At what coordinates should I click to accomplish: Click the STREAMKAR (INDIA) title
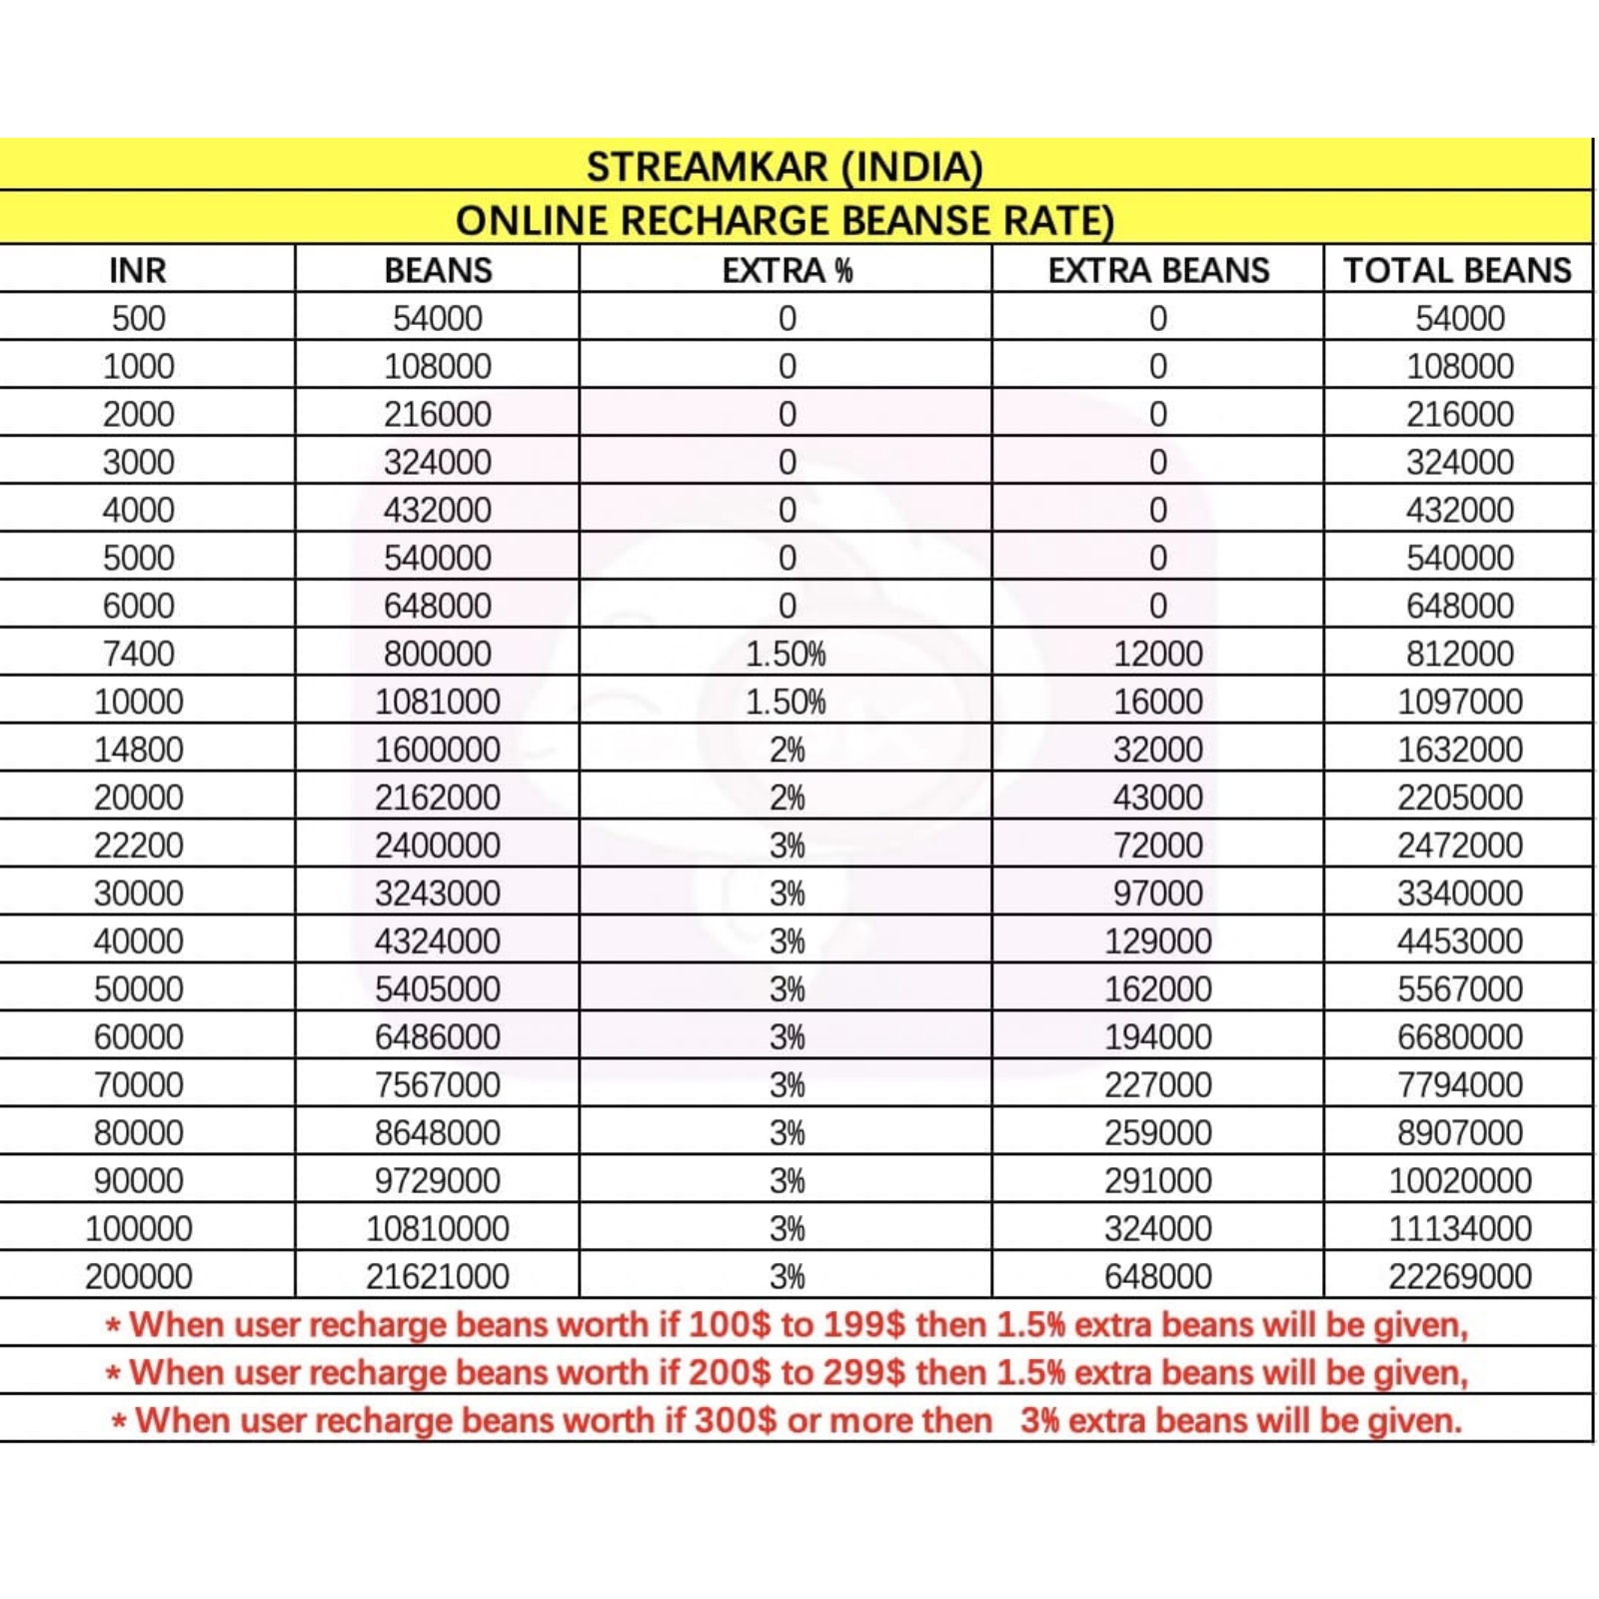(785, 167)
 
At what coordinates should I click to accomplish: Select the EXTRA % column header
(787, 270)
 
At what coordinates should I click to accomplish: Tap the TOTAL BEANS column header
(1457, 270)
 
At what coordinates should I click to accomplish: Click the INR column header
(138, 270)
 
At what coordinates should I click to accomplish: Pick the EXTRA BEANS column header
(1158, 270)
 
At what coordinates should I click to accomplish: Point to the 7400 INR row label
(138, 654)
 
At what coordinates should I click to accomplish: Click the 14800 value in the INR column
(138, 750)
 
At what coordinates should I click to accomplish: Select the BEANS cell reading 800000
(437, 654)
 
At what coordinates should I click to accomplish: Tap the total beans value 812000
(1459, 654)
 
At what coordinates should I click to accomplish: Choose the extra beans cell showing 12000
(1158, 654)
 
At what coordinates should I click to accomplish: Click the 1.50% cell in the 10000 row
(787, 702)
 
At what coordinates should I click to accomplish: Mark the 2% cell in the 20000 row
(787, 798)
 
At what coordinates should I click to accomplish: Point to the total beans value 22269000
(1459, 1276)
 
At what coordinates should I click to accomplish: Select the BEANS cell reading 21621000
(437, 1276)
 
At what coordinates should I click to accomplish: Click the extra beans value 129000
(1158, 940)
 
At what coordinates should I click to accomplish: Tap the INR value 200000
(138, 1276)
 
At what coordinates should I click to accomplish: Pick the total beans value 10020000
(1459, 1180)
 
